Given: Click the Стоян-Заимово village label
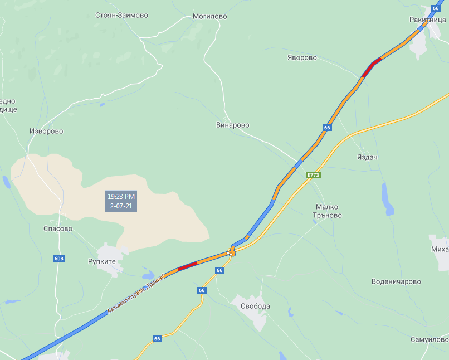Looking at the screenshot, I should click(x=121, y=16).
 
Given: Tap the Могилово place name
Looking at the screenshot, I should click(x=209, y=17).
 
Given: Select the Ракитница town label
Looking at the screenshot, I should click(x=427, y=20).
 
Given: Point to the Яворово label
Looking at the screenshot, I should click(x=302, y=58).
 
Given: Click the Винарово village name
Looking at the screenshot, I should click(x=232, y=125).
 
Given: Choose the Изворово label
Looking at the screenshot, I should click(x=46, y=132).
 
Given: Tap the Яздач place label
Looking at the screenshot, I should click(x=367, y=158).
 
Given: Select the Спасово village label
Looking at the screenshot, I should click(x=58, y=228).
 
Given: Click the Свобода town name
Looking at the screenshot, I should click(x=255, y=306).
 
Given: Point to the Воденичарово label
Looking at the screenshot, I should click(x=396, y=282).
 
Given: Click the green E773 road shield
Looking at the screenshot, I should click(x=313, y=175).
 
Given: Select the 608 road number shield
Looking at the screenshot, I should click(x=59, y=259).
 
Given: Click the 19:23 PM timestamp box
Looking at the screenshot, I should click(x=121, y=201).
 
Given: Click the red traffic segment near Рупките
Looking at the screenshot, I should click(x=187, y=266).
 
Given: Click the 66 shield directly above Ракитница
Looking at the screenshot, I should click(x=436, y=8).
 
